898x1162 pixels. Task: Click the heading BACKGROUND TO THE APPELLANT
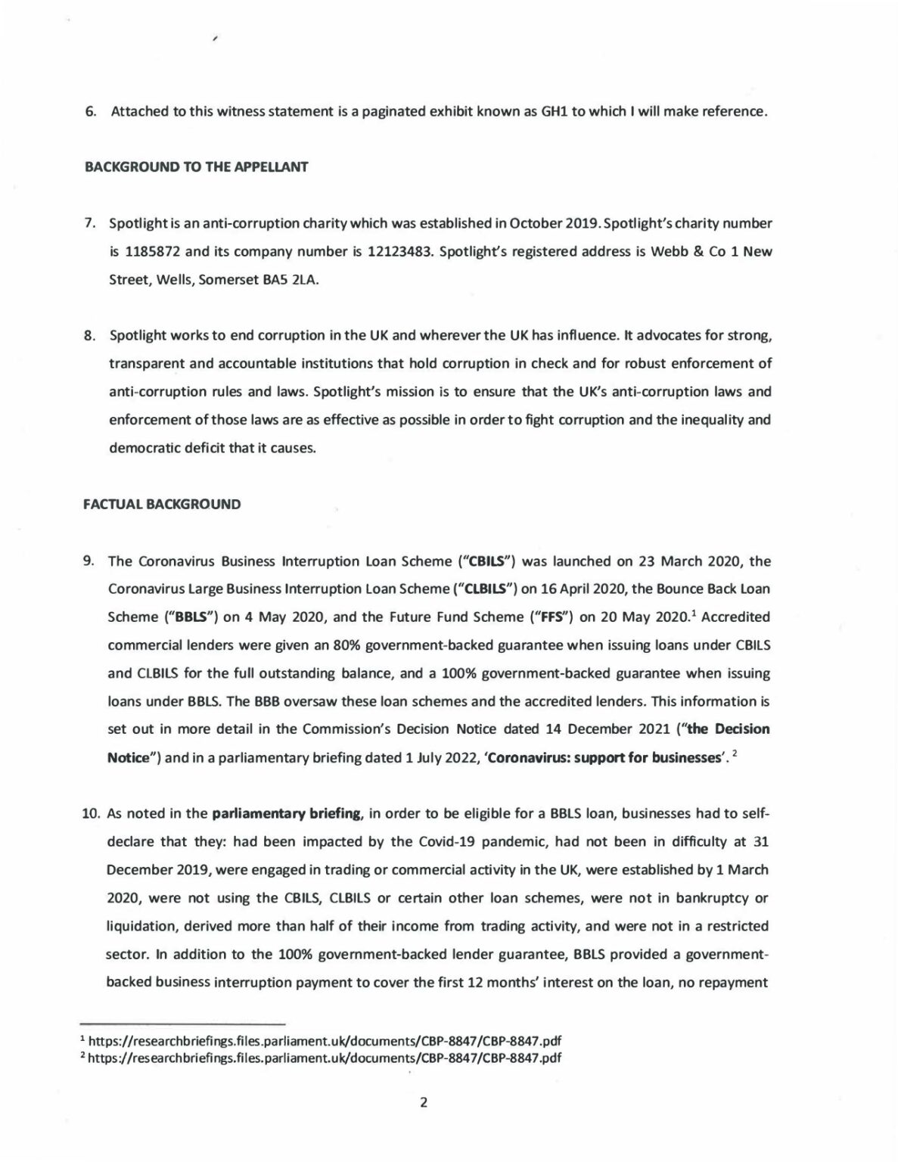(195, 167)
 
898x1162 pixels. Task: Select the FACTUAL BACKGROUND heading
(162, 504)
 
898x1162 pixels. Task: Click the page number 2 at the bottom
(424, 1102)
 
